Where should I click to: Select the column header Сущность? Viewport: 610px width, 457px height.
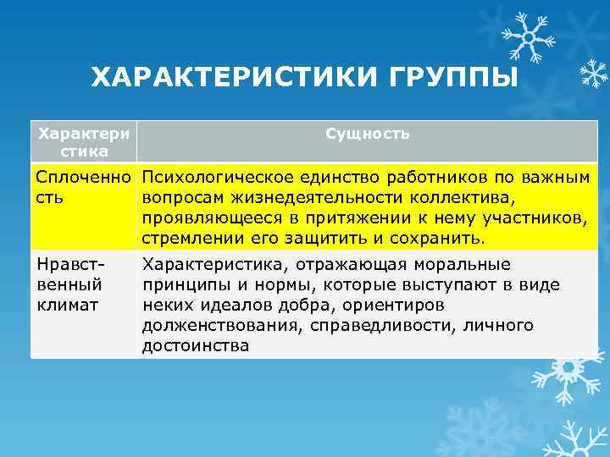[368, 134]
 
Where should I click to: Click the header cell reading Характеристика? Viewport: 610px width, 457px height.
[84, 142]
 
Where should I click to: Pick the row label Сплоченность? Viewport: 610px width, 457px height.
[83, 186]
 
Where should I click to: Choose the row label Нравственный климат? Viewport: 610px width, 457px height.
[69, 283]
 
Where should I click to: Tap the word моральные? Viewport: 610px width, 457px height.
[470, 264]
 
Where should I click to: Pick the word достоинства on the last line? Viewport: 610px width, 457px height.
[196, 345]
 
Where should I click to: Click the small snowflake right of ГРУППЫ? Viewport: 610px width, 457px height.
[592, 74]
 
